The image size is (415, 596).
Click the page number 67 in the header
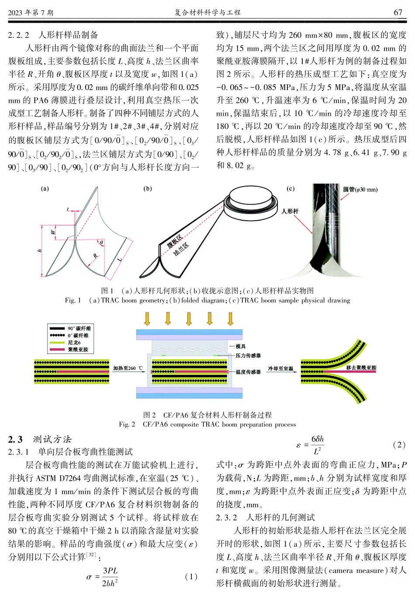398,12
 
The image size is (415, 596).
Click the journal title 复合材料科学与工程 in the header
207,12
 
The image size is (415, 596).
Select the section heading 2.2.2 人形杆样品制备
53,35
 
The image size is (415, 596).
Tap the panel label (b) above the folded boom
148,189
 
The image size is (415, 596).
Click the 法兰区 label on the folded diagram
181,249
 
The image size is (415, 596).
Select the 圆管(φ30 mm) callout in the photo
360,190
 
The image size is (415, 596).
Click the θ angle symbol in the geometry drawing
101,243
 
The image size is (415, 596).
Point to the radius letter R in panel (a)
95,256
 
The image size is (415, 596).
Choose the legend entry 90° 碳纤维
79,328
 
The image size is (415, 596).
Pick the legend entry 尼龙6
74,343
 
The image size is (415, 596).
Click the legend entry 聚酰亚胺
77,350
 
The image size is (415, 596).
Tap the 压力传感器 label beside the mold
248,356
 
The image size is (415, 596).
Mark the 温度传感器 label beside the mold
248,372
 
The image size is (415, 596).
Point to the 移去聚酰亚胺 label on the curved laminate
361,368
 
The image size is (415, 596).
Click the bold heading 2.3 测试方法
40,439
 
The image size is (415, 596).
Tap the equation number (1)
191,576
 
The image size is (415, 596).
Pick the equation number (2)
399,444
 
